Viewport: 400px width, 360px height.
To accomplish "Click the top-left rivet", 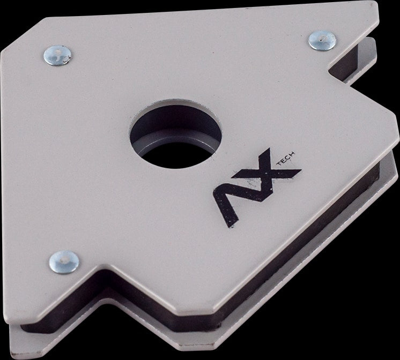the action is (x=57, y=55).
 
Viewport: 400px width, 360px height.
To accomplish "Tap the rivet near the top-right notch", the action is (x=322, y=41).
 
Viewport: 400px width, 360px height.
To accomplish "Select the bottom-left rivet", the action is (x=64, y=262).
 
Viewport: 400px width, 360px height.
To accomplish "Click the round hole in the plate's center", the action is (x=175, y=134).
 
